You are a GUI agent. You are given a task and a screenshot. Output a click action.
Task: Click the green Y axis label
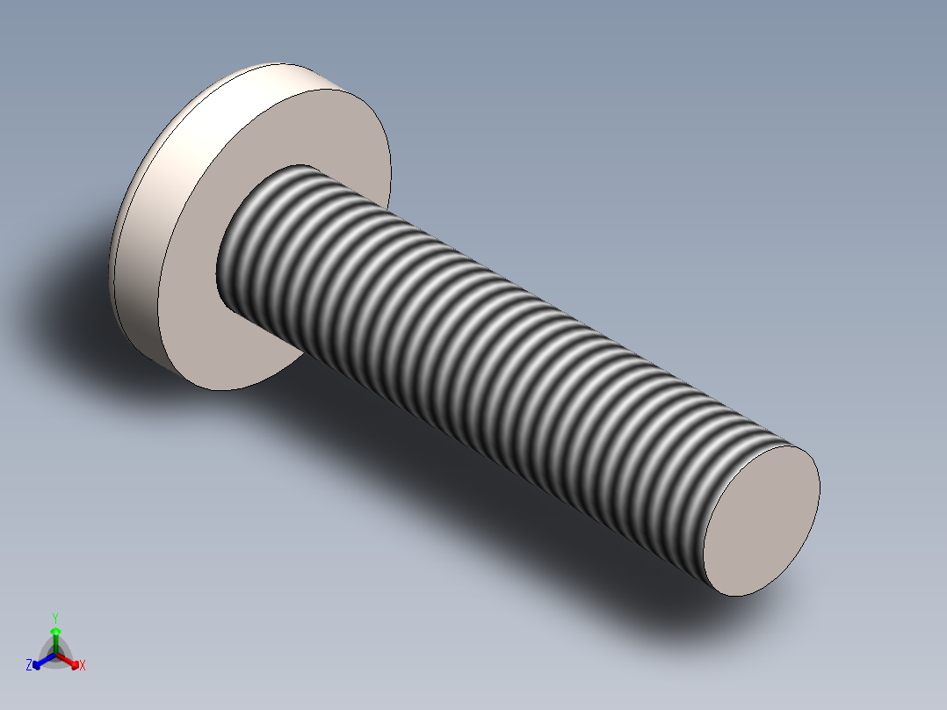coord(54,617)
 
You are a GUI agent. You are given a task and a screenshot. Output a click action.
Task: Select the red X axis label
coord(83,666)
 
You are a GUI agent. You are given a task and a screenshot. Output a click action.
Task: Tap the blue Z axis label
coord(29,666)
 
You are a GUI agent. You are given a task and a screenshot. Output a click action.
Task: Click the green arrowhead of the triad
coord(54,631)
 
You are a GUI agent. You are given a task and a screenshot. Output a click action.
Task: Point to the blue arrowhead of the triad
coord(38,663)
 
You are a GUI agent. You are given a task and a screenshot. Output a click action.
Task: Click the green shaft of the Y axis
coord(54,643)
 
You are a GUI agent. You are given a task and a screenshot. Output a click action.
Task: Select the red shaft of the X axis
coord(65,659)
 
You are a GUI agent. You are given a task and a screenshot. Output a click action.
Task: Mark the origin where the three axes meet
coord(55,655)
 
